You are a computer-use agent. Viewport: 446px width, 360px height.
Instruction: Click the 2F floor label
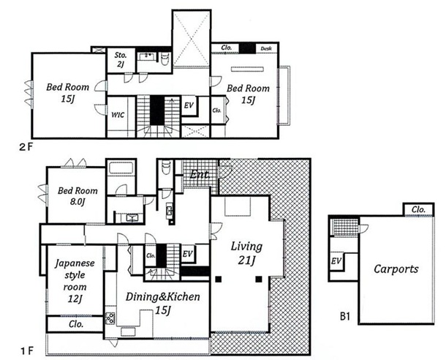(x=26, y=148)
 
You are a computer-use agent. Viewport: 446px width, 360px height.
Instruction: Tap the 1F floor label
(x=27, y=351)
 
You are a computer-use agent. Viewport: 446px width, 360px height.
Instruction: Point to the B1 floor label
(x=345, y=316)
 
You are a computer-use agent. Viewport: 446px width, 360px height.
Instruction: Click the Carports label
(x=396, y=269)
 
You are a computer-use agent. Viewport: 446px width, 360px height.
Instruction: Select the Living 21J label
(x=246, y=253)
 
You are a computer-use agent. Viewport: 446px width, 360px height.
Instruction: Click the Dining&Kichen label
(x=163, y=297)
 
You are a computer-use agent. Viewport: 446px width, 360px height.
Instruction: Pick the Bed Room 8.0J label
(x=78, y=196)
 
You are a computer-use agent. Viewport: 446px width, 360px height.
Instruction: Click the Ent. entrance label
(x=200, y=174)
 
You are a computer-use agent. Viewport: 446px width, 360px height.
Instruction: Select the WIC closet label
(x=118, y=115)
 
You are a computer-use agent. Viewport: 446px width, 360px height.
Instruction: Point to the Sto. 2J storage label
(x=121, y=59)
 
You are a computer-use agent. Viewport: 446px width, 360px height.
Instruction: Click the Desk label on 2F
(x=266, y=49)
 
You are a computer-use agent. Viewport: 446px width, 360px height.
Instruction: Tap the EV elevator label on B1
(x=336, y=260)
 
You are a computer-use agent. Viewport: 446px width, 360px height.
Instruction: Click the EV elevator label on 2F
(x=189, y=105)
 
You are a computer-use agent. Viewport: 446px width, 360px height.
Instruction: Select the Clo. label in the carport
(x=418, y=210)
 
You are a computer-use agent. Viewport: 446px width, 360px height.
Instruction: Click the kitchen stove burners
(x=110, y=318)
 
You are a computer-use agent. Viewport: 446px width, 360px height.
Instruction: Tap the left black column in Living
(x=218, y=280)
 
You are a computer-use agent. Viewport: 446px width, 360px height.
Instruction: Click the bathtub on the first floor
(x=121, y=168)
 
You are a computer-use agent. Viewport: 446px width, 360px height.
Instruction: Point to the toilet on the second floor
(x=165, y=59)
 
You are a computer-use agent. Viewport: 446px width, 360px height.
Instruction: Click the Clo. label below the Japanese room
(x=76, y=324)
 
